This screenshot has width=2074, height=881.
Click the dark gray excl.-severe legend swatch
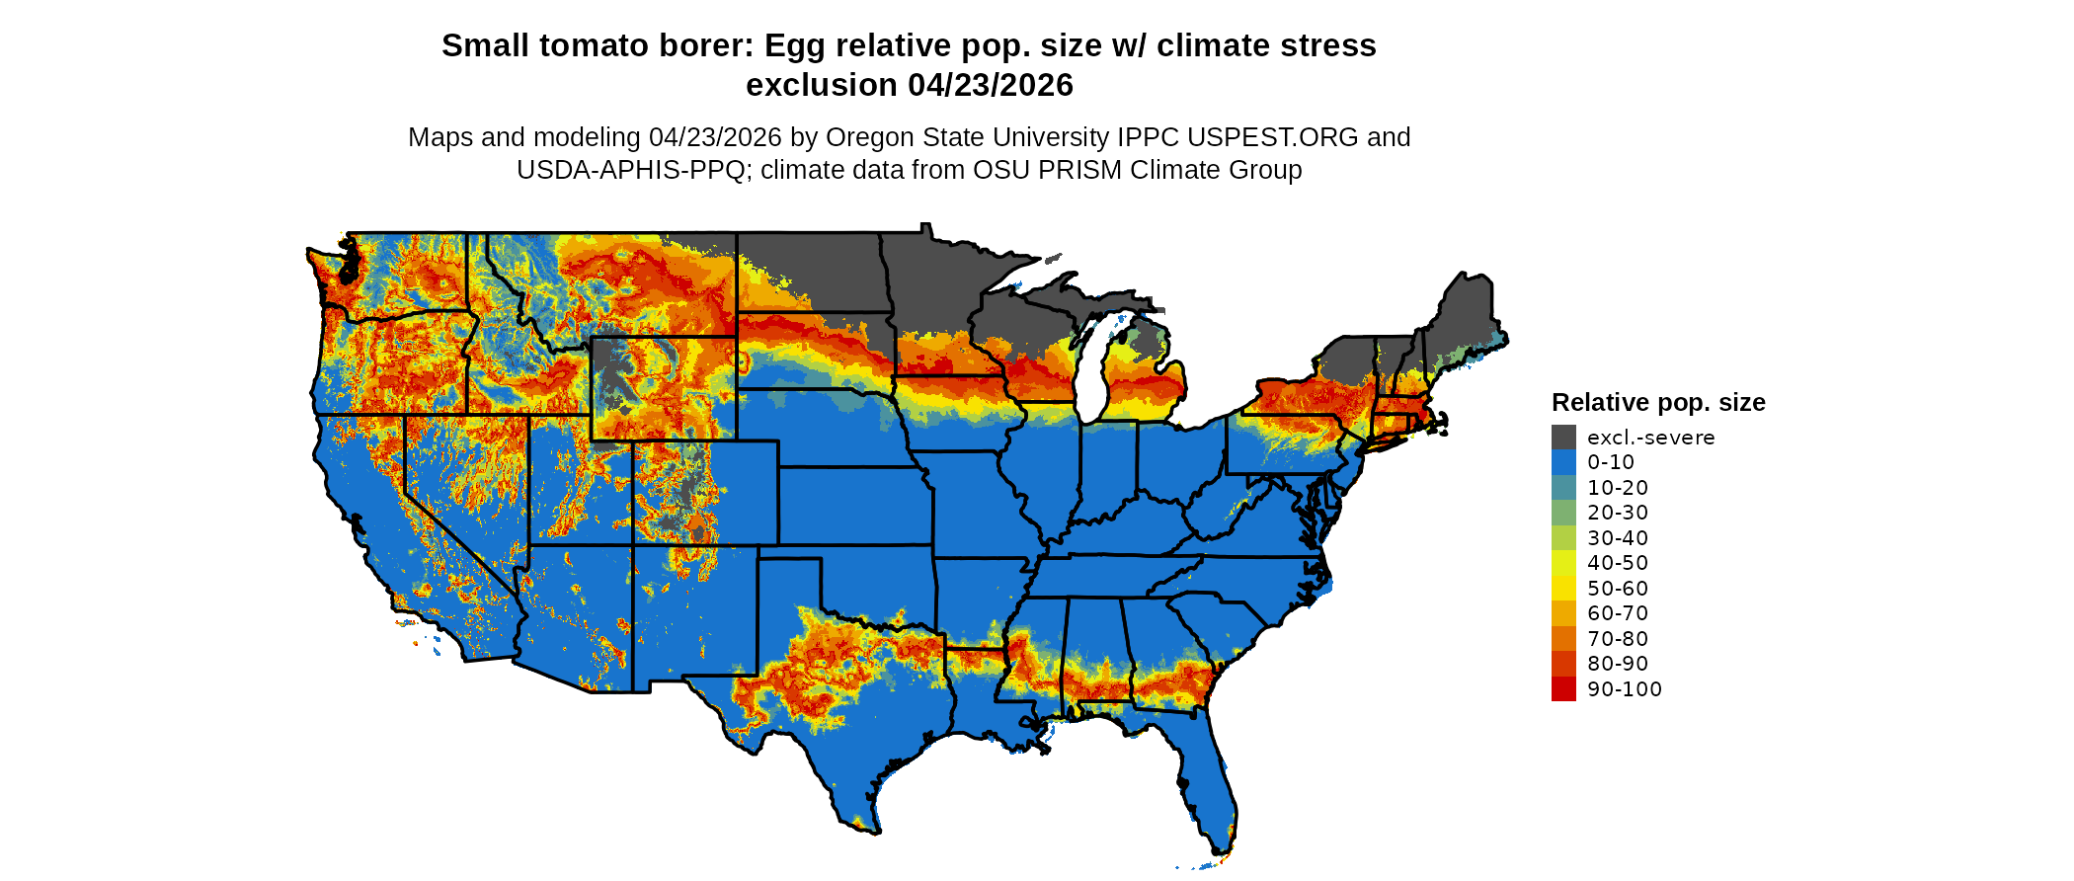coord(1563,438)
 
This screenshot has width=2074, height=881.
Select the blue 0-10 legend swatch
coord(1563,462)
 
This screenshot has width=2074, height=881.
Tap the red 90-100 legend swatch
coord(1563,689)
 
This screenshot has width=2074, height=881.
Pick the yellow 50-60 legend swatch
coord(1563,589)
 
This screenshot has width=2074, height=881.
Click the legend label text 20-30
coord(1618,513)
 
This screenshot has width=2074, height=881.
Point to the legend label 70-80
coord(1618,639)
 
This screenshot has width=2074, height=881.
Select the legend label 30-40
coord(1618,538)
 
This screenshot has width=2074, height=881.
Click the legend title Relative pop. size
coord(1658,403)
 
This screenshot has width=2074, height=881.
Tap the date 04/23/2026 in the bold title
coord(991,86)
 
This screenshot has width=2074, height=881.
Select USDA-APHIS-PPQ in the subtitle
coord(631,171)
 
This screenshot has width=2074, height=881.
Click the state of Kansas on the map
coord(854,504)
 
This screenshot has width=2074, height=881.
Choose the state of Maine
coord(1468,316)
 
